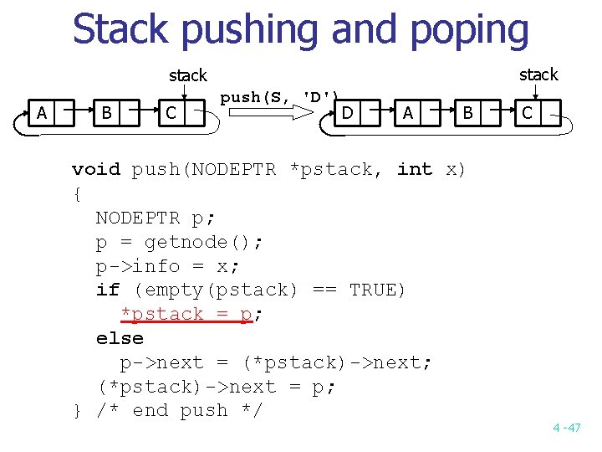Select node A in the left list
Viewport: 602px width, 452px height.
(41, 112)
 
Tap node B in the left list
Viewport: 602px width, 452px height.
(106, 112)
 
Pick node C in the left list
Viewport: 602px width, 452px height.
(171, 112)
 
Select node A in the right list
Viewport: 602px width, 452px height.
(407, 111)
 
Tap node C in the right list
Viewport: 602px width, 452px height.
(528, 111)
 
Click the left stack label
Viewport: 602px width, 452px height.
(188, 75)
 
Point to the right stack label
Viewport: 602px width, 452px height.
(538, 74)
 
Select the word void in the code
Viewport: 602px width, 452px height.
(96, 169)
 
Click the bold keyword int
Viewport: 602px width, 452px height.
(415, 169)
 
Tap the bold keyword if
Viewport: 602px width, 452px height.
(108, 290)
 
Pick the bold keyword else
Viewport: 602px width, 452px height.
(120, 338)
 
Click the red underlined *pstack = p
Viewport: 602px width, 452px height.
(186, 315)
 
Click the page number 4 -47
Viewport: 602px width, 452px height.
(566, 428)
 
